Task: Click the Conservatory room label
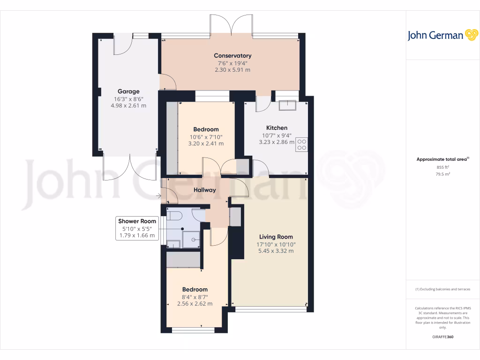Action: coord(232,56)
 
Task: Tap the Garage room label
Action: coord(128,91)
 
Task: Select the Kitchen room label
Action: coord(277,128)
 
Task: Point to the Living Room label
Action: coord(276,237)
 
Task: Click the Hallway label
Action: coord(205,190)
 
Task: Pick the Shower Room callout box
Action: coord(137,228)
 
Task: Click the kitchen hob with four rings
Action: coord(301,144)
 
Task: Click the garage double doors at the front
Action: coord(129,167)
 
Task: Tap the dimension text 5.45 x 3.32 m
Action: coord(276,251)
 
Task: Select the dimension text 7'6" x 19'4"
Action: coord(232,63)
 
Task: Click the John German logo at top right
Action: coord(442,35)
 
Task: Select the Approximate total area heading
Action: coord(442,159)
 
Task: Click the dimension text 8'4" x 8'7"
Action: coord(195,297)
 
